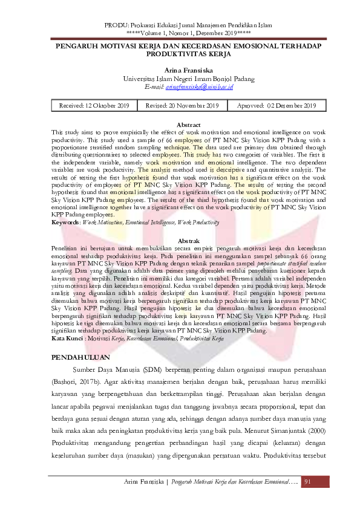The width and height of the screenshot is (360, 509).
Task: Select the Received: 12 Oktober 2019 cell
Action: pos(94,106)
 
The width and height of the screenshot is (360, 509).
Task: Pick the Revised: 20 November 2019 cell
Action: pos(182,106)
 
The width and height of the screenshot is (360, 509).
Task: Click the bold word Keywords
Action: pos(65,223)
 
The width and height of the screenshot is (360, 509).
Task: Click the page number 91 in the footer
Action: pos(308,481)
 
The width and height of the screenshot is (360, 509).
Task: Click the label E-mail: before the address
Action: pos(155,87)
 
